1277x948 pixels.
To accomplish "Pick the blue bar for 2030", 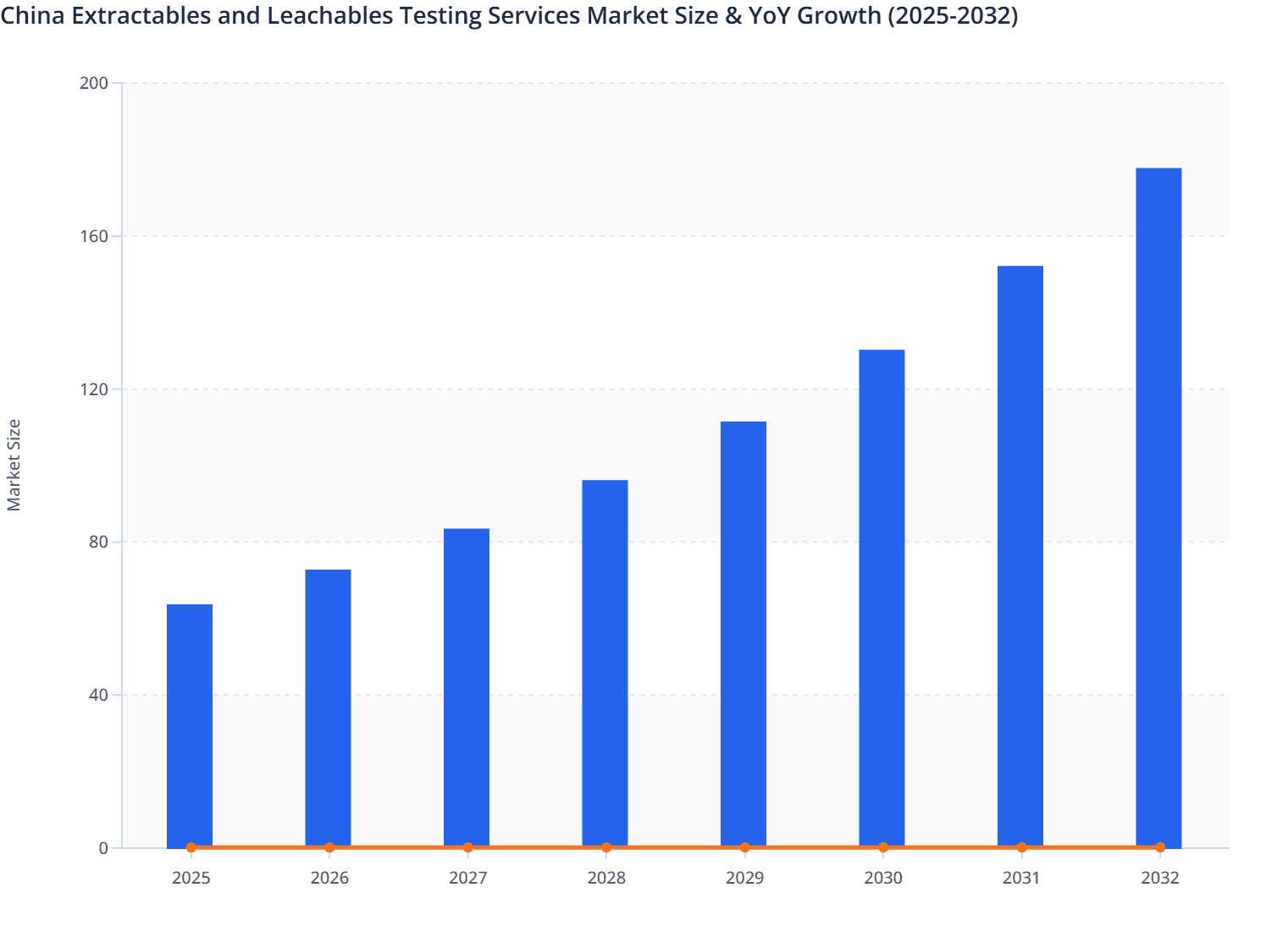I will tap(882, 598).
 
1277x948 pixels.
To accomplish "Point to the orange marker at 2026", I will tap(329, 847).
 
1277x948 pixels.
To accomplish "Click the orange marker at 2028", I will tap(606, 847).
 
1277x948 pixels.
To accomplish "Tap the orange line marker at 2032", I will tap(1160, 847).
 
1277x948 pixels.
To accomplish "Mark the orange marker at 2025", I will tap(191, 847).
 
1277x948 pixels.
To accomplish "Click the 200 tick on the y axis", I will tap(94, 83).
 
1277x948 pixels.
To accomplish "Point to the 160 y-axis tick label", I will tap(94, 236).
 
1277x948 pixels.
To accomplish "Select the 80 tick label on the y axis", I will tap(98, 542).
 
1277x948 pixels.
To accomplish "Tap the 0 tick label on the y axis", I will tap(103, 848).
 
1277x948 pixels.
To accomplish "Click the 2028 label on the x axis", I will tap(606, 878).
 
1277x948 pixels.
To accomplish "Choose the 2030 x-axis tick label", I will tap(883, 878).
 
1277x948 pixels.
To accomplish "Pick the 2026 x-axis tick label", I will tap(329, 878).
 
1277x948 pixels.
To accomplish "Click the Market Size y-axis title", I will tap(14, 465).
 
